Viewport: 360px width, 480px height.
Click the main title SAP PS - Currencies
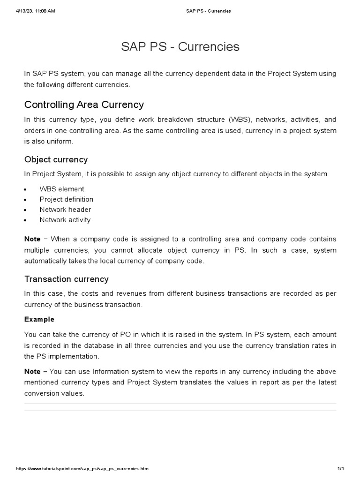point(180,47)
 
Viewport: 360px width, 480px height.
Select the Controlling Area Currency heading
point(84,104)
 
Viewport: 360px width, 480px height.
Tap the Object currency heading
point(56,159)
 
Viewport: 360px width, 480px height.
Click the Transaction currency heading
point(66,279)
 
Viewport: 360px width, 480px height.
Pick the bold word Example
point(39,319)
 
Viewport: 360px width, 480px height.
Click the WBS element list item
point(62,189)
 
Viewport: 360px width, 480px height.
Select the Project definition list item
point(66,199)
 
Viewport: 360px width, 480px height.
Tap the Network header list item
point(65,210)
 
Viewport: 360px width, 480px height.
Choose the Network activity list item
point(65,220)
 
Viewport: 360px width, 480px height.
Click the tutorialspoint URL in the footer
point(82,469)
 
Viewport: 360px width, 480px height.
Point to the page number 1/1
point(341,469)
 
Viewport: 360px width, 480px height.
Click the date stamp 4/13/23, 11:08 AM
point(35,11)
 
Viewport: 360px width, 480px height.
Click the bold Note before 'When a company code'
point(32,239)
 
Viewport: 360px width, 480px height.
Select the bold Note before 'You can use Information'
point(32,371)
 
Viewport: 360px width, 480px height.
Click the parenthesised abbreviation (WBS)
point(240,120)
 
